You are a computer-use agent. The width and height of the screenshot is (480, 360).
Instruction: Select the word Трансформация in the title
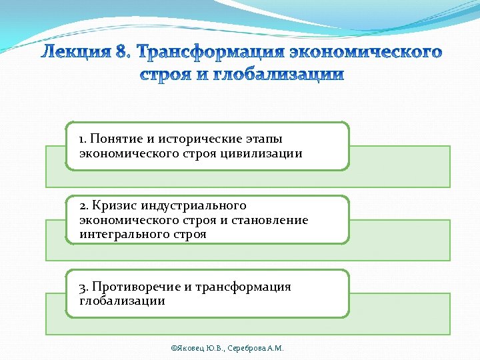coord(206,51)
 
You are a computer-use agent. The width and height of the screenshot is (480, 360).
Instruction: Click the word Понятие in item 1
coord(115,139)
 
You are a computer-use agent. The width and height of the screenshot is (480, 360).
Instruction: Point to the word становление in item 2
coord(270,220)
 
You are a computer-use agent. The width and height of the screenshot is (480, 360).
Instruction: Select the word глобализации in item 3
coord(122,301)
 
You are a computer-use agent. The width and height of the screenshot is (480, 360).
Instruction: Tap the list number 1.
coord(82,139)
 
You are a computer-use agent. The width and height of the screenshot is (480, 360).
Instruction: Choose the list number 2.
coord(83,206)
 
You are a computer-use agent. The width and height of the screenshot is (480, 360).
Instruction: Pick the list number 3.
coord(83,287)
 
